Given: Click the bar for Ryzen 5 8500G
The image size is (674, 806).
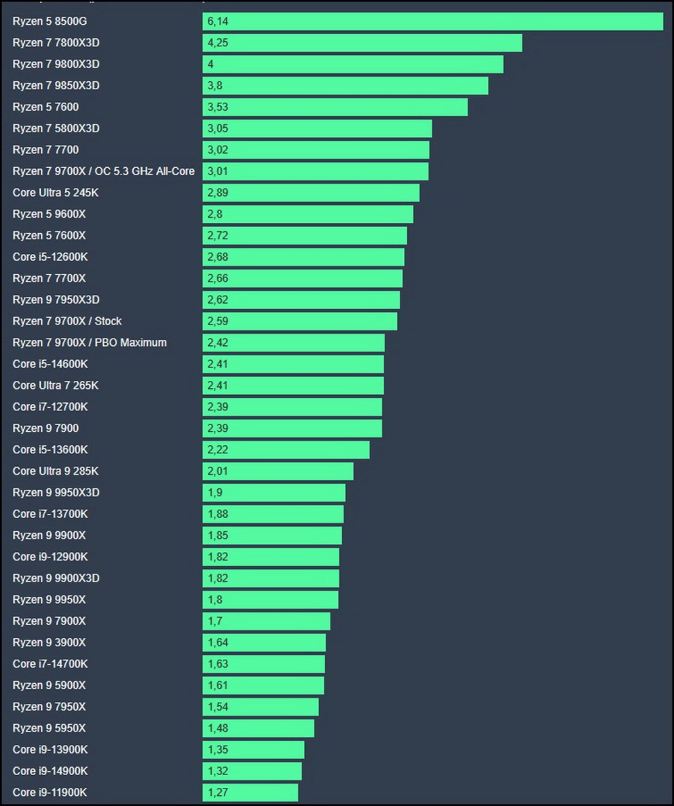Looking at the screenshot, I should coord(433,21).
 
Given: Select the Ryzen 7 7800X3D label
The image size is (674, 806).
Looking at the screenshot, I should coord(56,43).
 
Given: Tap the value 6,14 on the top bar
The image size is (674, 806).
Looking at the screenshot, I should coord(218,21).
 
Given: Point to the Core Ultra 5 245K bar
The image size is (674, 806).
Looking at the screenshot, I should coord(311,193).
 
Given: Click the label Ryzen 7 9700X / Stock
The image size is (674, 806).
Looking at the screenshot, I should coord(67,321).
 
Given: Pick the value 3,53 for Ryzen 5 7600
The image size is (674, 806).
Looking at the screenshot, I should coord(218,107).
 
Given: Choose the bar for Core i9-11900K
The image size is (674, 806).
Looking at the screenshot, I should coord(251,793).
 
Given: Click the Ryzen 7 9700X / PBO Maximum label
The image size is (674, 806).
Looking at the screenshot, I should coord(89,343).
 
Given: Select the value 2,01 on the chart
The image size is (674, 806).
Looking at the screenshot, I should coord(218,472).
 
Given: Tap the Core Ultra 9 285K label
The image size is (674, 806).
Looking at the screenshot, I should coord(56,472).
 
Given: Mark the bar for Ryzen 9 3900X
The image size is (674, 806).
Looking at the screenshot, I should coord(264,643).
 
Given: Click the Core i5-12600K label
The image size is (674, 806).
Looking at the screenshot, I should coord(50,257).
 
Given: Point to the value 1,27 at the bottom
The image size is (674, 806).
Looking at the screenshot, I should coord(218,793).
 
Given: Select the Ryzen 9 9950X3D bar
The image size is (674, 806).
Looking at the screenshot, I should coord(274,493).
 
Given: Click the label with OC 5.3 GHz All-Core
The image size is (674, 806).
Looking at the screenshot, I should coord(103,171).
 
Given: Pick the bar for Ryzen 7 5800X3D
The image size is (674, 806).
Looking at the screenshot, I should coord(317,129).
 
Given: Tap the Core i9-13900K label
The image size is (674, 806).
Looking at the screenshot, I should coord(50,750).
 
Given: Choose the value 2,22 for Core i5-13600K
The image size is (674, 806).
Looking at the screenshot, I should coord(218,450).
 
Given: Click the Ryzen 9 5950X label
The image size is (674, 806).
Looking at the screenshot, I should coord(49,728).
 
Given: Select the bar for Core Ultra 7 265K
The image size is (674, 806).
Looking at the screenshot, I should coord(293,386).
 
